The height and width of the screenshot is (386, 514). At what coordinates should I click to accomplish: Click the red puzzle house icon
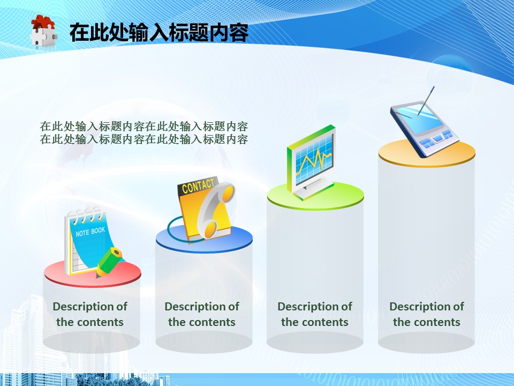[x=43, y=30]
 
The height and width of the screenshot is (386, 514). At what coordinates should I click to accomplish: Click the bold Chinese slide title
[x=159, y=32]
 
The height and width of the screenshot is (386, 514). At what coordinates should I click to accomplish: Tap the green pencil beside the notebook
[x=109, y=262]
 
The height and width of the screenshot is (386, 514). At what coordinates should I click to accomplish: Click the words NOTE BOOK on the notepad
[x=90, y=232]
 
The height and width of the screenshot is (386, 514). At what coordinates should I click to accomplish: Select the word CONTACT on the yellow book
[x=198, y=186]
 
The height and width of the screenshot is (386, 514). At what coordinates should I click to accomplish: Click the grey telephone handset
[x=216, y=210]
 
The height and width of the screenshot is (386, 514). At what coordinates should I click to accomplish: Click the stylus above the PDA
[x=426, y=101]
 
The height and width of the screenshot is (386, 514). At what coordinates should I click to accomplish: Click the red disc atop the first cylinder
[x=93, y=273]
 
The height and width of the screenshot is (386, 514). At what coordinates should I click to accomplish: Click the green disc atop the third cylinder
[x=315, y=196]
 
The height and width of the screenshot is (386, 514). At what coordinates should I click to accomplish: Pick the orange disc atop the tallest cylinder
[x=427, y=153]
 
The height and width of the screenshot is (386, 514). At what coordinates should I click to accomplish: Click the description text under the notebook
[x=90, y=314]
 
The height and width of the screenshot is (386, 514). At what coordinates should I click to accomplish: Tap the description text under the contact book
[x=202, y=314]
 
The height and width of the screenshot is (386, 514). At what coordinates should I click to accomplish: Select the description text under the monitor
[x=315, y=314]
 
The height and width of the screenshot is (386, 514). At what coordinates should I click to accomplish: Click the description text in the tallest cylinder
[x=427, y=314]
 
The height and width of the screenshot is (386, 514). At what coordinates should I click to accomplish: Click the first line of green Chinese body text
[x=144, y=127]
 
